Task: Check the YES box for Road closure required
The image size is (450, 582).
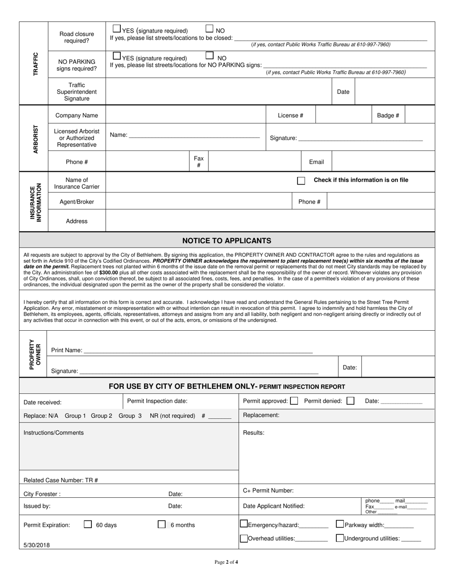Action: [117, 29]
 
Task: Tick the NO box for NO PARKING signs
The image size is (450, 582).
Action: [210, 55]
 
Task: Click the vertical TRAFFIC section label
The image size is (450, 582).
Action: [34, 64]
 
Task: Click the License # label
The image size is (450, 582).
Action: [290, 115]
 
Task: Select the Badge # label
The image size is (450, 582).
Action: [388, 115]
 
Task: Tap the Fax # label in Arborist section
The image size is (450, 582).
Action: [198, 162]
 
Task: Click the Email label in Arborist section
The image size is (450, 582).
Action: [316, 162]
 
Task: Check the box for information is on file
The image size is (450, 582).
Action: [301, 181]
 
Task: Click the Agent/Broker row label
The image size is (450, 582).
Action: [77, 202]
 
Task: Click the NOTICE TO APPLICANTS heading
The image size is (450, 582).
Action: [227, 240]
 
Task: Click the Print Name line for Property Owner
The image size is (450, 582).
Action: [198, 351]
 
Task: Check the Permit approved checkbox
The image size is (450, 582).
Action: [294, 401]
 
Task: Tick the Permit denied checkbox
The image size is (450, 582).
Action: [350, 401]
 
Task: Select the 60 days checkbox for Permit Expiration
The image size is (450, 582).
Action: [88, 524]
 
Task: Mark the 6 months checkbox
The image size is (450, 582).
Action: [162, 524]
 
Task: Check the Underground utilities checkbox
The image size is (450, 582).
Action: [340, 538]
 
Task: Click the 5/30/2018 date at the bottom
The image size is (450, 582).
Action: [36, 545]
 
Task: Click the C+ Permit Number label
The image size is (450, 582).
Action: [268, 491]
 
